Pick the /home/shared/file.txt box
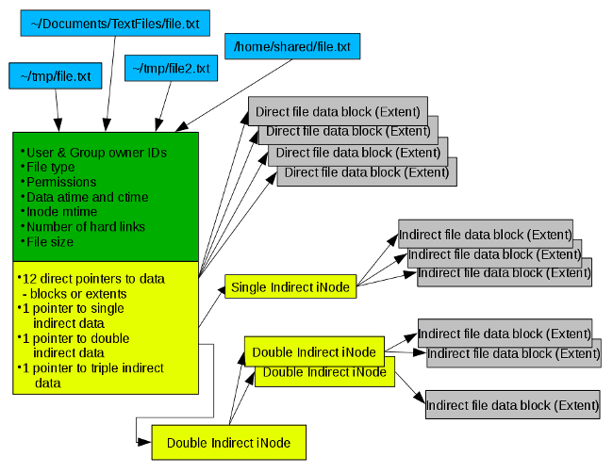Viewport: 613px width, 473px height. tap(292, 44)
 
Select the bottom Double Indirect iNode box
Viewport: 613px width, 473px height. tap(228, 441)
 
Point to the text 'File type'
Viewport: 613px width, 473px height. tap(51, 167)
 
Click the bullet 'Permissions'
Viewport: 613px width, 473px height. tap(61, 182)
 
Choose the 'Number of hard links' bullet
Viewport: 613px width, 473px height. tap(85, 227)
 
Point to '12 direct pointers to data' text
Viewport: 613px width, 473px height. tap(94, 278)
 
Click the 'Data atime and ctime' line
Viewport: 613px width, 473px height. tap(87, 197)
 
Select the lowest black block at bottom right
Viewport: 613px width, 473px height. tap(512, 403)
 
